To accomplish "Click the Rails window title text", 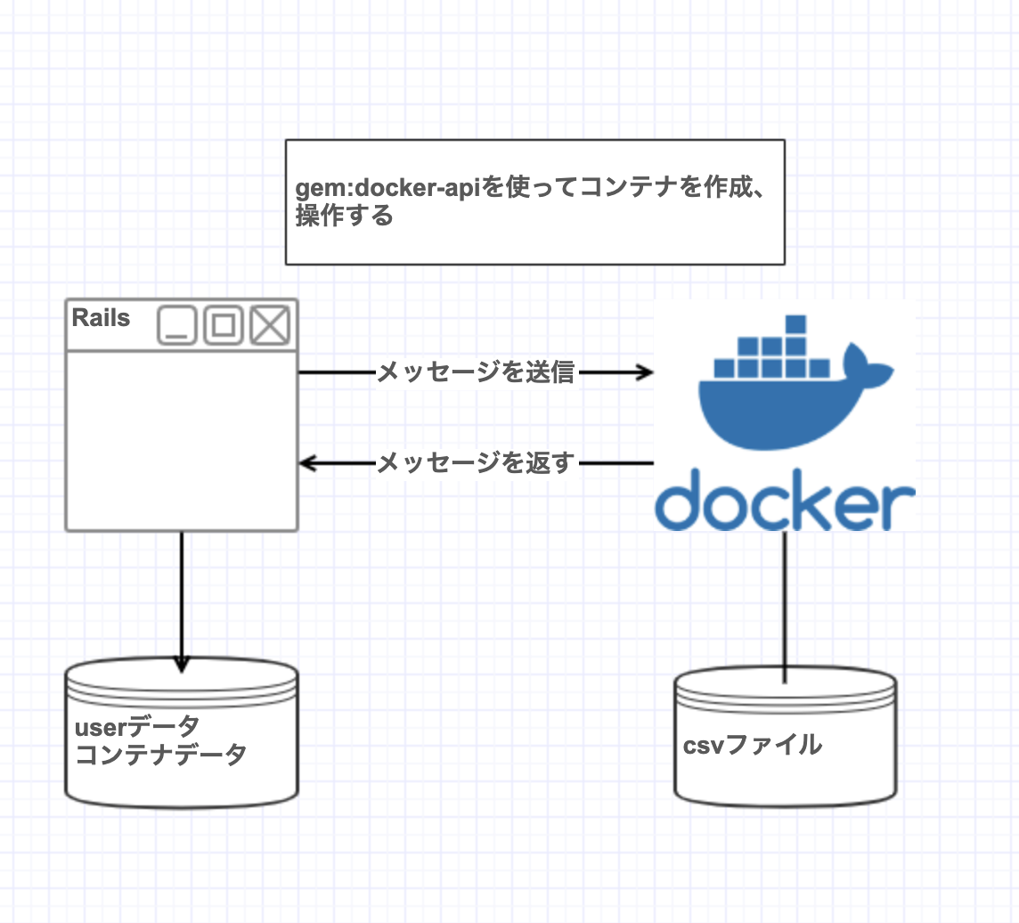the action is [101, 318].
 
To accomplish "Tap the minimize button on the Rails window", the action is [176, 325].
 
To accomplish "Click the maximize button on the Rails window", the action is [224, 325].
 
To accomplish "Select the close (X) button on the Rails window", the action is [271, 325].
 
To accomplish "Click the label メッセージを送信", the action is [477, 372].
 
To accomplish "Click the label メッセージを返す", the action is [477, 462].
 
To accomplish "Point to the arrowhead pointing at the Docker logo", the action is [645, 372].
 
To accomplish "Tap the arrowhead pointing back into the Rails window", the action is [307, 463].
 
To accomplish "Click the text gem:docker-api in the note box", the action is [387, 188].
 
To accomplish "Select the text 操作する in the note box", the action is [345, 215].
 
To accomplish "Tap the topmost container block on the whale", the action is [795, 324].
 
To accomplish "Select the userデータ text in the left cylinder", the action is [137, 727].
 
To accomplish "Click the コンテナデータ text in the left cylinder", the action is [160, 755].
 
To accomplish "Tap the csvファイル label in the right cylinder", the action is [753, 745].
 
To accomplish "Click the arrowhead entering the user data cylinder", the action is [182, 664].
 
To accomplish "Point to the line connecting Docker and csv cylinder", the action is [785, 607].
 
